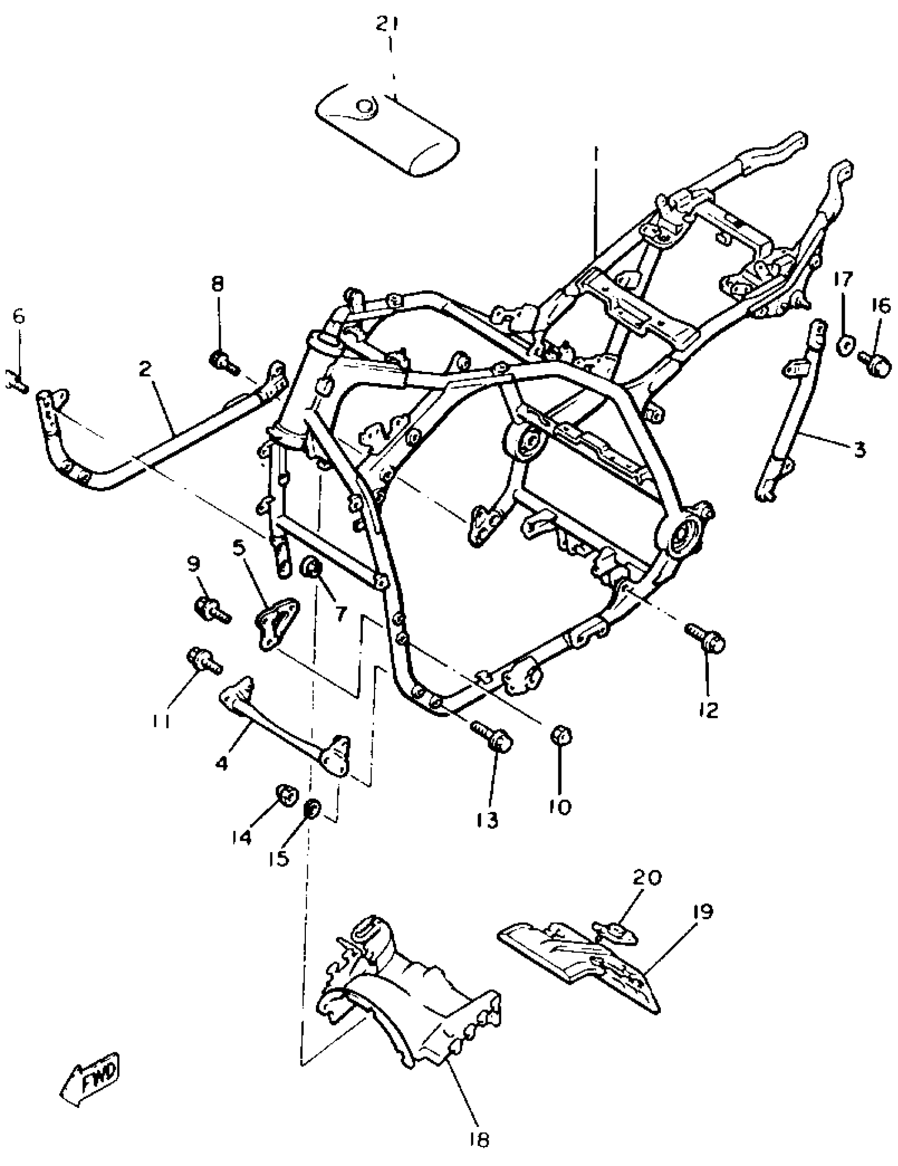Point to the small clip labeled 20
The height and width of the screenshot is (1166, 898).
[614, 934]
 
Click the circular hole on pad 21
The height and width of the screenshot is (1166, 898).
[365, 107]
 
